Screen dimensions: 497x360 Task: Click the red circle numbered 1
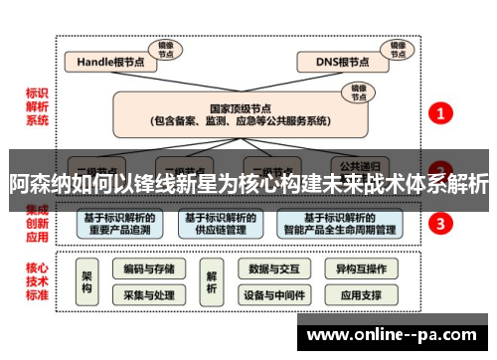tap(442, 114)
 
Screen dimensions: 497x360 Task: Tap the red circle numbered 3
tap(442, 223)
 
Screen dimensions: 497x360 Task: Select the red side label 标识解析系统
tap(37, 107)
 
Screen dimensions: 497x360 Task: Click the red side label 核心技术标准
tap(37, 281)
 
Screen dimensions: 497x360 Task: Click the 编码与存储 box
tap(149, 269)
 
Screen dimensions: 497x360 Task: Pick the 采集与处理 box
tap(149, 295)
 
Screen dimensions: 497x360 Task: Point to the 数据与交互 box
tap(273, 269)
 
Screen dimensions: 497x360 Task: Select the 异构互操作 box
tap(360, 269)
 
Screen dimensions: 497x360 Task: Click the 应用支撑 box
tap(360, 295)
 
